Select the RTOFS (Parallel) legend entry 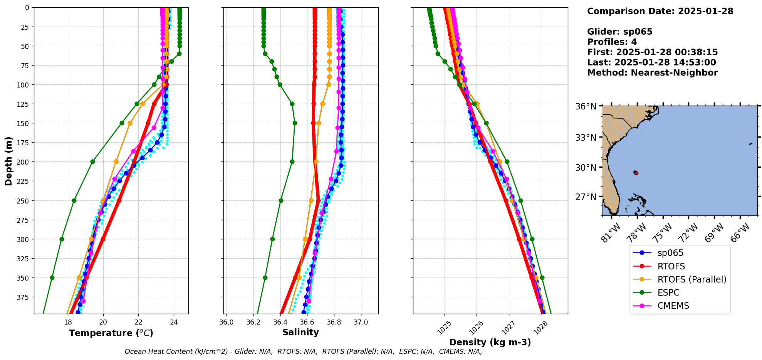coord(692,279)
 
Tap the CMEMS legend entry coord(673,306)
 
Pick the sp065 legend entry coord(670,253)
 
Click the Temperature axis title coord(111,333)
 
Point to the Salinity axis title coord(300,332)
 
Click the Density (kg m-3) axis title coord(490,342)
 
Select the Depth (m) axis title coord(8,161)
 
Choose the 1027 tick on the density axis coord(508,328)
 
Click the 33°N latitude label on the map coord(586,138)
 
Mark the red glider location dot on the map coord(636,173)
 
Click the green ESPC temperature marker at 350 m coord(52,278)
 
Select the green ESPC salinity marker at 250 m coord(281,200)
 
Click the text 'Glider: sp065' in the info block coord(619,32)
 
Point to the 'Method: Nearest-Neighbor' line coord(652,73)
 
